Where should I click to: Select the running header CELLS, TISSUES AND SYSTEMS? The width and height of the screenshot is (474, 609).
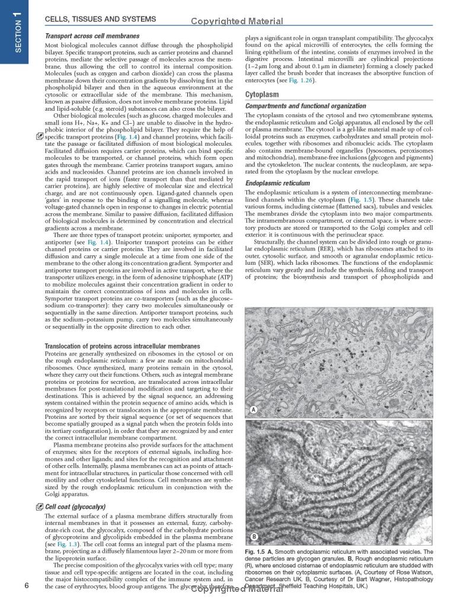pos(101,19)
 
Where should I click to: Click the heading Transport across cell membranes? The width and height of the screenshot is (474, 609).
pos(92,36)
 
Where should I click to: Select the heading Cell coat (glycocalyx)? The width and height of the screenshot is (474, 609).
pos(75,507)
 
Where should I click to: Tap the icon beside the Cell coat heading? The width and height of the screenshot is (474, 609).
pos(39,507)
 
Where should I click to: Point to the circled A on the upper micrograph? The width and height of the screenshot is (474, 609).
pos(253,409)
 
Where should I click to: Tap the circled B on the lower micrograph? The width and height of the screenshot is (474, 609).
pos(253,537)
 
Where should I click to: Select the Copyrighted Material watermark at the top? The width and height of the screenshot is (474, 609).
pos(237,21)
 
